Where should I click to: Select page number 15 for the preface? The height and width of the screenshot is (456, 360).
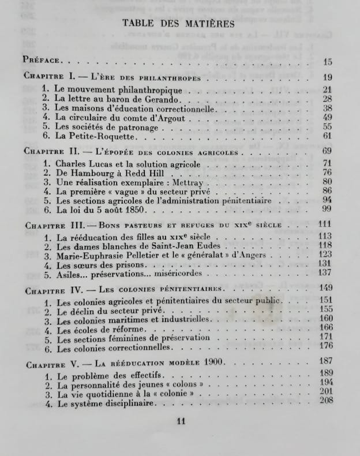(328, 62)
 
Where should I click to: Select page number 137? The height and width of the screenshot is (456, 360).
(327, 273)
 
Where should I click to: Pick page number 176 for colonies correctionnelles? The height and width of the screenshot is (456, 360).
(327, 346)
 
